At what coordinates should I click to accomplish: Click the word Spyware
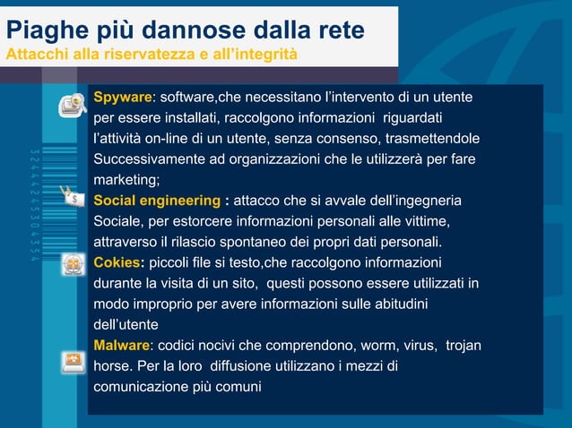tap(122, 97)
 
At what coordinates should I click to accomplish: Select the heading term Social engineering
tap(157, 201)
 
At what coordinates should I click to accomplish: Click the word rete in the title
tap(340, 30)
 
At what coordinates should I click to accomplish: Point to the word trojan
tap(464, 346)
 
